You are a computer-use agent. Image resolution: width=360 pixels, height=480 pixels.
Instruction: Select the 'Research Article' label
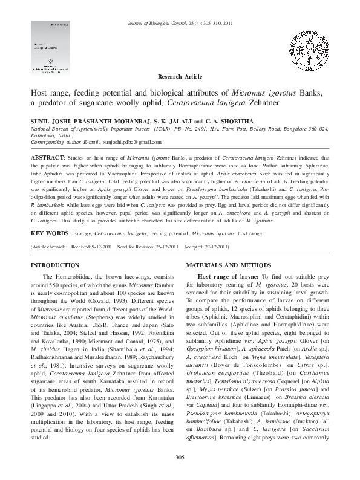tap(180, 77)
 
